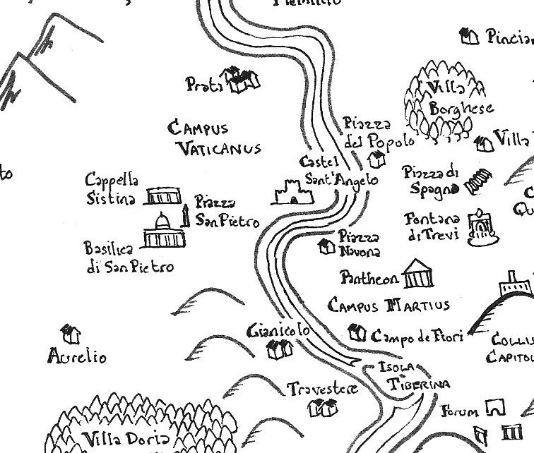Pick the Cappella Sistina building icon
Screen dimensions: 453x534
(x=164, y=196)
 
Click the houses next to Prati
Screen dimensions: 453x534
(x=241, y=79)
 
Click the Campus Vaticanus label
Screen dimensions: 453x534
(x=215, y=138)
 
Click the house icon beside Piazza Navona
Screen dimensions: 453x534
(x=326, y=246)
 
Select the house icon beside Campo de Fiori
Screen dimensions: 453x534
(x=357, y=331)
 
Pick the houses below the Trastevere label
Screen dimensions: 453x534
(x=326, y=406)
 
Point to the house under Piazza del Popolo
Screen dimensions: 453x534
(x=377, y=159)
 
